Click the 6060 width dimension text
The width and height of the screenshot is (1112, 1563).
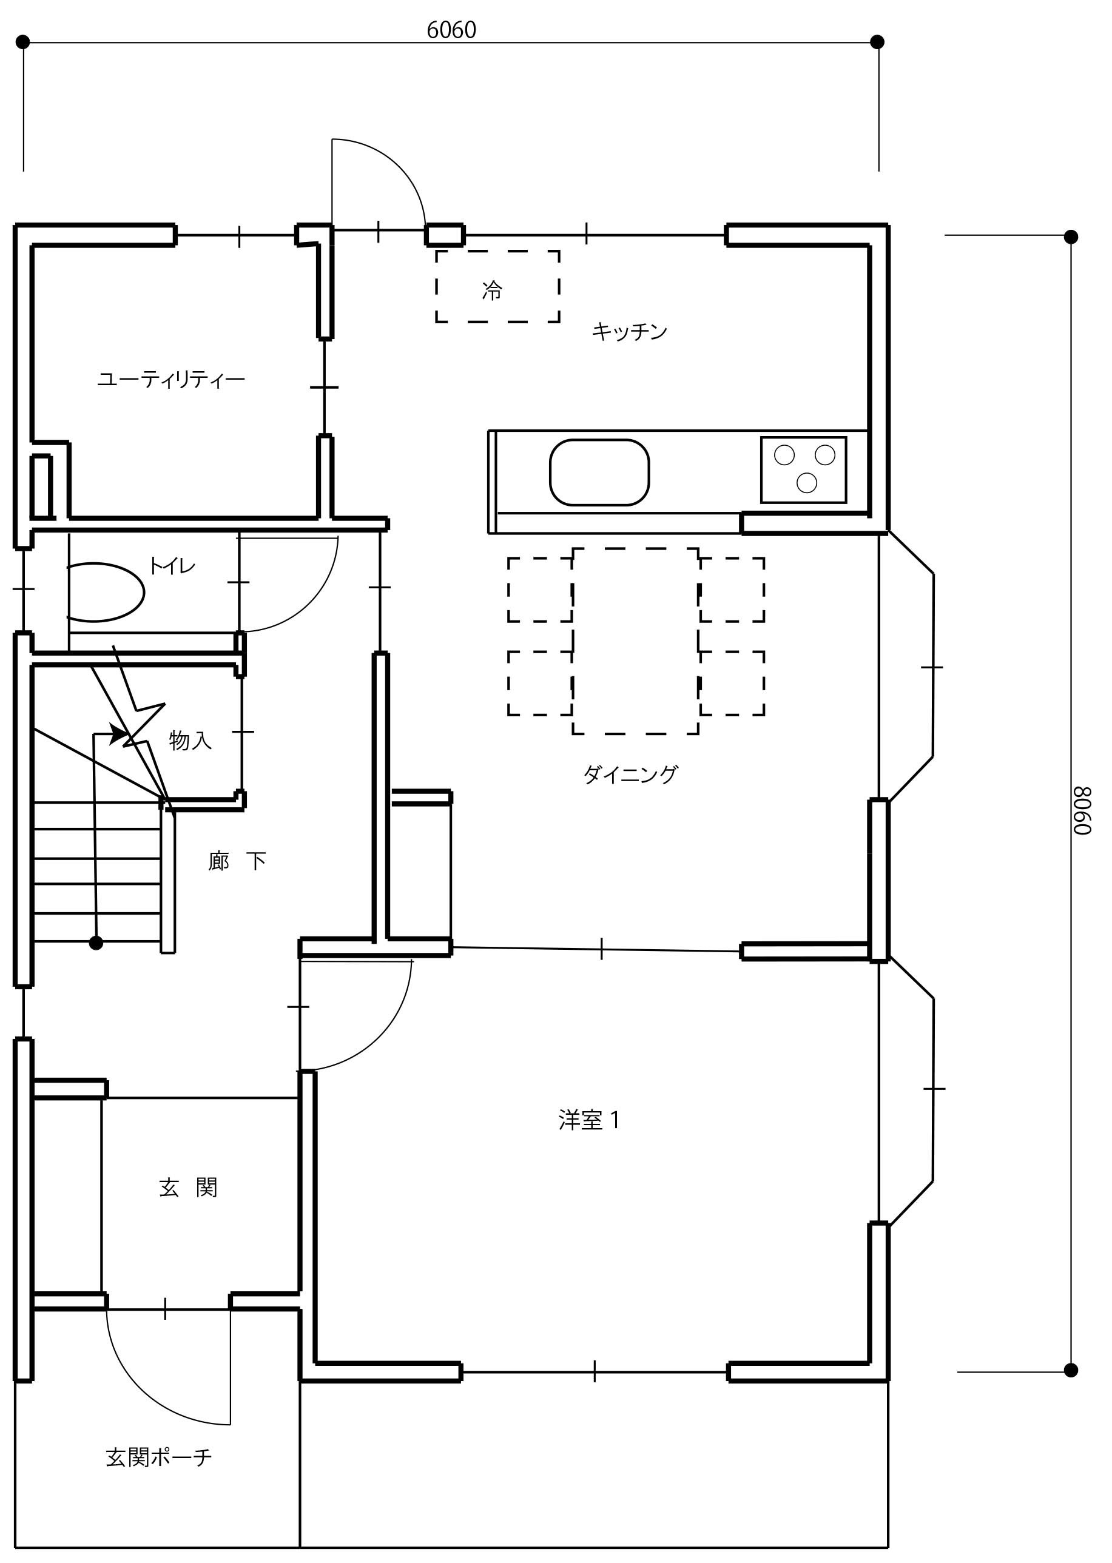tap(451, 30)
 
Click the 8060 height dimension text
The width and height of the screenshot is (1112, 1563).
tap(1082, 810)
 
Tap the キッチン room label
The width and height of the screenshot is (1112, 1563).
tap(629, 331)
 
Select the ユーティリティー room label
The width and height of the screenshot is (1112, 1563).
tap(171, 378)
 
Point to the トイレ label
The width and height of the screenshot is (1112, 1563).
tap(172, 565)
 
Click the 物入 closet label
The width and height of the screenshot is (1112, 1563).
tap(190, 740)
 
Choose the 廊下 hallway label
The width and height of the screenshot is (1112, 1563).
tap(237, 861)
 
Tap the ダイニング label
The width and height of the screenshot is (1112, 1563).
tap(630, 775)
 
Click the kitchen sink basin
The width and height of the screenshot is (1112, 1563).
tap(599, 472)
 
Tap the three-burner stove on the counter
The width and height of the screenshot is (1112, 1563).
tap(803, 469)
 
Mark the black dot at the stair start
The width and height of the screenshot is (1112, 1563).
tap(96, 943)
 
